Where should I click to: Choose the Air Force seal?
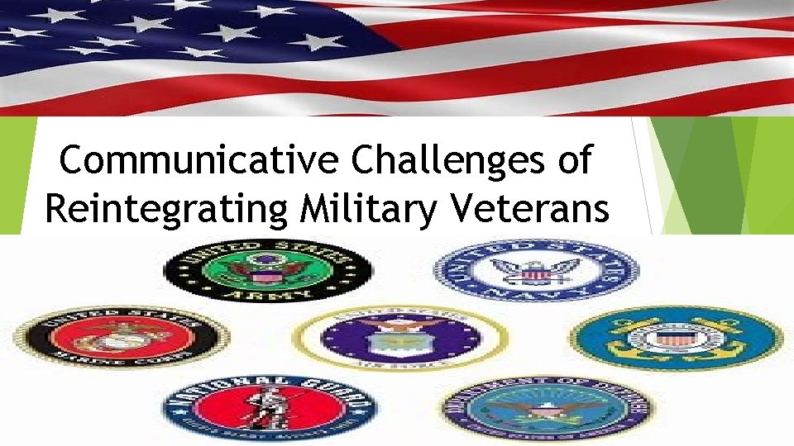[x=399, y=339]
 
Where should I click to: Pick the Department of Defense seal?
[x=545, y=408]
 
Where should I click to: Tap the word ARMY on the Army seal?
[x=268, y=293]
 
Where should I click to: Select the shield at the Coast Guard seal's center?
[x=675, y=337]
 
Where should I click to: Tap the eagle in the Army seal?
[x=268, y=268]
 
